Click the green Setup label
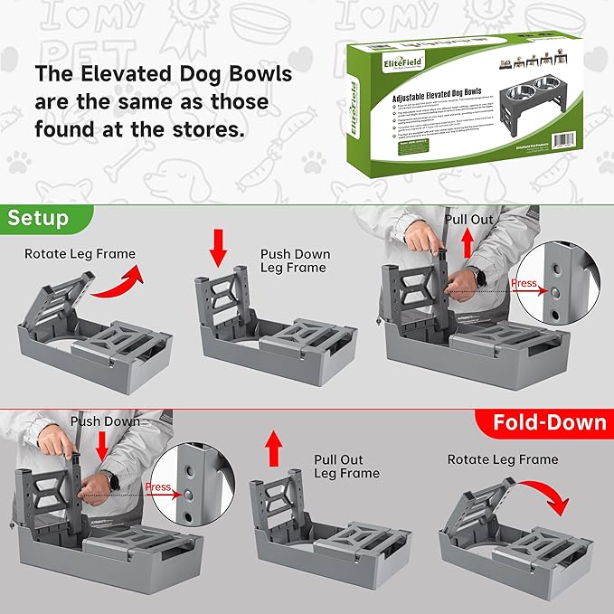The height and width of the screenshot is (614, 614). (x=38, y=219)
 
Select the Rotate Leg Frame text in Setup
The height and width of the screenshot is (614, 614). (x=80, y=254)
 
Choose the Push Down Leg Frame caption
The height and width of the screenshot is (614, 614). (x=295, y=260)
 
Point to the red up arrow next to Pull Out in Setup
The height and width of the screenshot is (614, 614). (x=467, y=242)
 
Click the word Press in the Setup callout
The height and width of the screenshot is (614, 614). (x=524, y=284)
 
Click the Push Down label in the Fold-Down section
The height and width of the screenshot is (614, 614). (x=105, y=421)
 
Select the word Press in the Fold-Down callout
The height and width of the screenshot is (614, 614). (x=157, y=486)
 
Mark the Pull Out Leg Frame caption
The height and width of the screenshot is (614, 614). (x=346, y=466)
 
